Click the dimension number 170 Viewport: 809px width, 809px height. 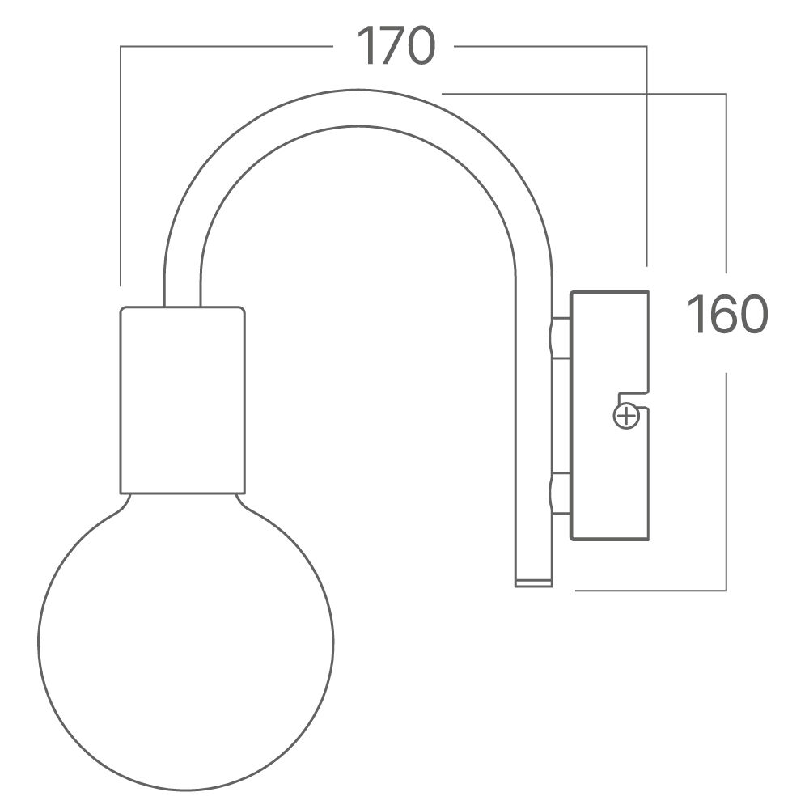click(396, 46)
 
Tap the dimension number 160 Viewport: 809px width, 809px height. click(726, 315)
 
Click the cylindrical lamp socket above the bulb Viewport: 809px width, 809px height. click(182, 400)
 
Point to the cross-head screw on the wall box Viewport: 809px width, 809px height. click(625, 417)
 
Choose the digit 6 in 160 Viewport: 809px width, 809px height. click(726, 315)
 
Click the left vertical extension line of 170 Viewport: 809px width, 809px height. click(121, 162)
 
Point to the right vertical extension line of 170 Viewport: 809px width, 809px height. click(646, 154)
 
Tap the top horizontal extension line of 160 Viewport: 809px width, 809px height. click(582, 95)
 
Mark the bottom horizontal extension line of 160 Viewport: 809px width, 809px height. click(647, 590)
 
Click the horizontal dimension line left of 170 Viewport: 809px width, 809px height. click(227, 47)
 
